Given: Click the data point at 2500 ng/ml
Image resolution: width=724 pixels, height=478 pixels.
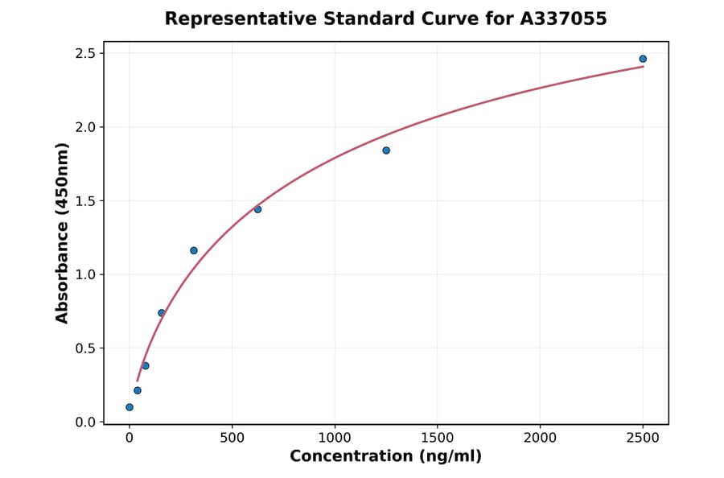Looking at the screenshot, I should (643, 59).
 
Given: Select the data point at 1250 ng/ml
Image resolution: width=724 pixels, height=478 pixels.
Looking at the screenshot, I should (386, 150).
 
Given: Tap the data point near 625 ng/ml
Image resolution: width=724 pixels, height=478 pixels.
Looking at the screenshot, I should (257, 209).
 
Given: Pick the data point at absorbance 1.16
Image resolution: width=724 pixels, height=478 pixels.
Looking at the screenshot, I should (194, 250).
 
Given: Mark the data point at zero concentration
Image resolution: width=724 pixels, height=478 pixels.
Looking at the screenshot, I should (130, 407).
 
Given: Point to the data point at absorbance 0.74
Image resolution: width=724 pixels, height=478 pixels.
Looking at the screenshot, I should (162, 313).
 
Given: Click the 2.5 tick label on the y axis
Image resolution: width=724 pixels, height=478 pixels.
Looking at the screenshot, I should (84, 53).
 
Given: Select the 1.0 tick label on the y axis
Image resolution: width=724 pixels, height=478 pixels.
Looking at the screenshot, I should (84, 274).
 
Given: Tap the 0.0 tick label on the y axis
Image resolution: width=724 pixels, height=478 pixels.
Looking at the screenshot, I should (84, 422).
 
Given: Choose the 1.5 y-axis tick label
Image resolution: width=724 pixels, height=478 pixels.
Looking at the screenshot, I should (84, 200).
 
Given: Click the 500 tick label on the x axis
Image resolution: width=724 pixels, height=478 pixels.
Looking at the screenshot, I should (232, 438).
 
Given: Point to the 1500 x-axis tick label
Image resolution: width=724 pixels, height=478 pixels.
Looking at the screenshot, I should (437, 438).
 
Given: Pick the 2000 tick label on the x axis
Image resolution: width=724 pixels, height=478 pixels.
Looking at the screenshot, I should (540, 438).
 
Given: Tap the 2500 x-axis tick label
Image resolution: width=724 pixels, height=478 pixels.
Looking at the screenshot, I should (643, 438).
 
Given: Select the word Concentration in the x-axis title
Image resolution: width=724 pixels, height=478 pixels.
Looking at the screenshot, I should (351, 456).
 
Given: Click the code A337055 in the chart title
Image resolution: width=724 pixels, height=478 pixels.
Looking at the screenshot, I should (562, 19).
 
